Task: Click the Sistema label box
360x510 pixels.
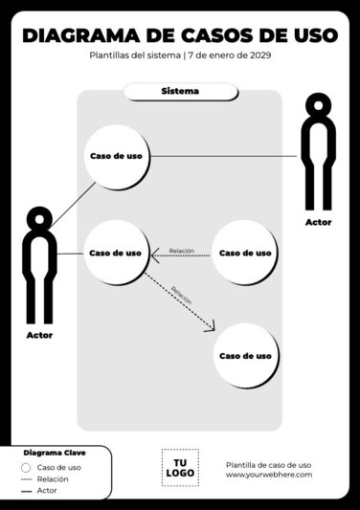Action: [180, 92]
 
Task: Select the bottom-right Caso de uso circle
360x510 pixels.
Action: [245, 355]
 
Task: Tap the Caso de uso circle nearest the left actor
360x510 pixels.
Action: [116, 254]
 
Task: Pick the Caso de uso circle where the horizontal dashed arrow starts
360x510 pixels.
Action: [245, 254]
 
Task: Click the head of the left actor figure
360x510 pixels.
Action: [39, 218]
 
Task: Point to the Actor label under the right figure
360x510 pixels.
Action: [319, 222]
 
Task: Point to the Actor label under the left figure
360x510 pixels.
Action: [40, 336]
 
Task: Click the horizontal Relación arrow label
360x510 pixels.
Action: [181, 251]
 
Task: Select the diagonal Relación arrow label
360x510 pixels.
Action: [182, 293]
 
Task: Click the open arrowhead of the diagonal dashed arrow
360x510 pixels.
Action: [211, 328]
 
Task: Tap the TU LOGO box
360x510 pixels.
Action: [180, 467]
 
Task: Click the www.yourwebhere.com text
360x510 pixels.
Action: [268, 475]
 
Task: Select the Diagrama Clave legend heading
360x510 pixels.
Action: [54, 452]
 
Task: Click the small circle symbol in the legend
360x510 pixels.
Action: [25, 467]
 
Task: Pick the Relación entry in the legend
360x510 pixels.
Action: [53, 478]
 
